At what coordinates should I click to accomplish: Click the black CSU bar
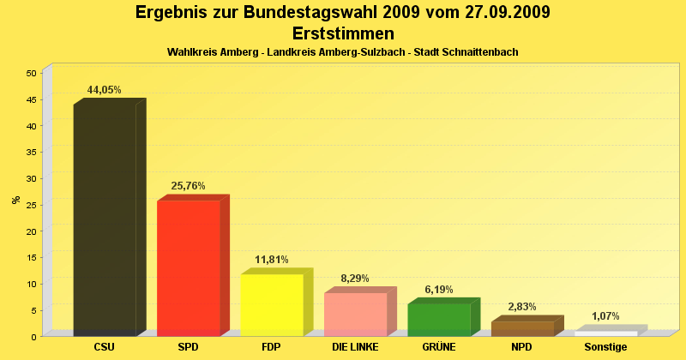(x=105, y=219)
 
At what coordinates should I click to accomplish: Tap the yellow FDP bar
(x=272, y=304)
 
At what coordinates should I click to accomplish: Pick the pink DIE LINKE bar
(x=356, y=314)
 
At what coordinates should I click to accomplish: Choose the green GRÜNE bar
(x=439, y=319)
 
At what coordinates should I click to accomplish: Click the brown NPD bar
(x=522, y=328)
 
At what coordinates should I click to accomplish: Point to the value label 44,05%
(x=105, y=90)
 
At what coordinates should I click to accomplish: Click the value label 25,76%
(x=189, y=186)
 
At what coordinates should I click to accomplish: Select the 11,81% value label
(x=272, y=260)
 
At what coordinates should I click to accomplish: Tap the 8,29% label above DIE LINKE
(x=356, y=279)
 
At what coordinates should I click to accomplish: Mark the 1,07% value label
(x=605, y=316)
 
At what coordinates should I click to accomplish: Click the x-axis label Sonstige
(x=605, y=347)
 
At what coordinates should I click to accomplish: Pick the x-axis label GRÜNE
(x=439, y=347)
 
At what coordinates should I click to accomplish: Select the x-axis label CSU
(x=105, y=347)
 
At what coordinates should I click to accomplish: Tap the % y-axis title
(x=16, y=201)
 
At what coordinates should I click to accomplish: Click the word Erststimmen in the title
(x=343, y=33)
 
